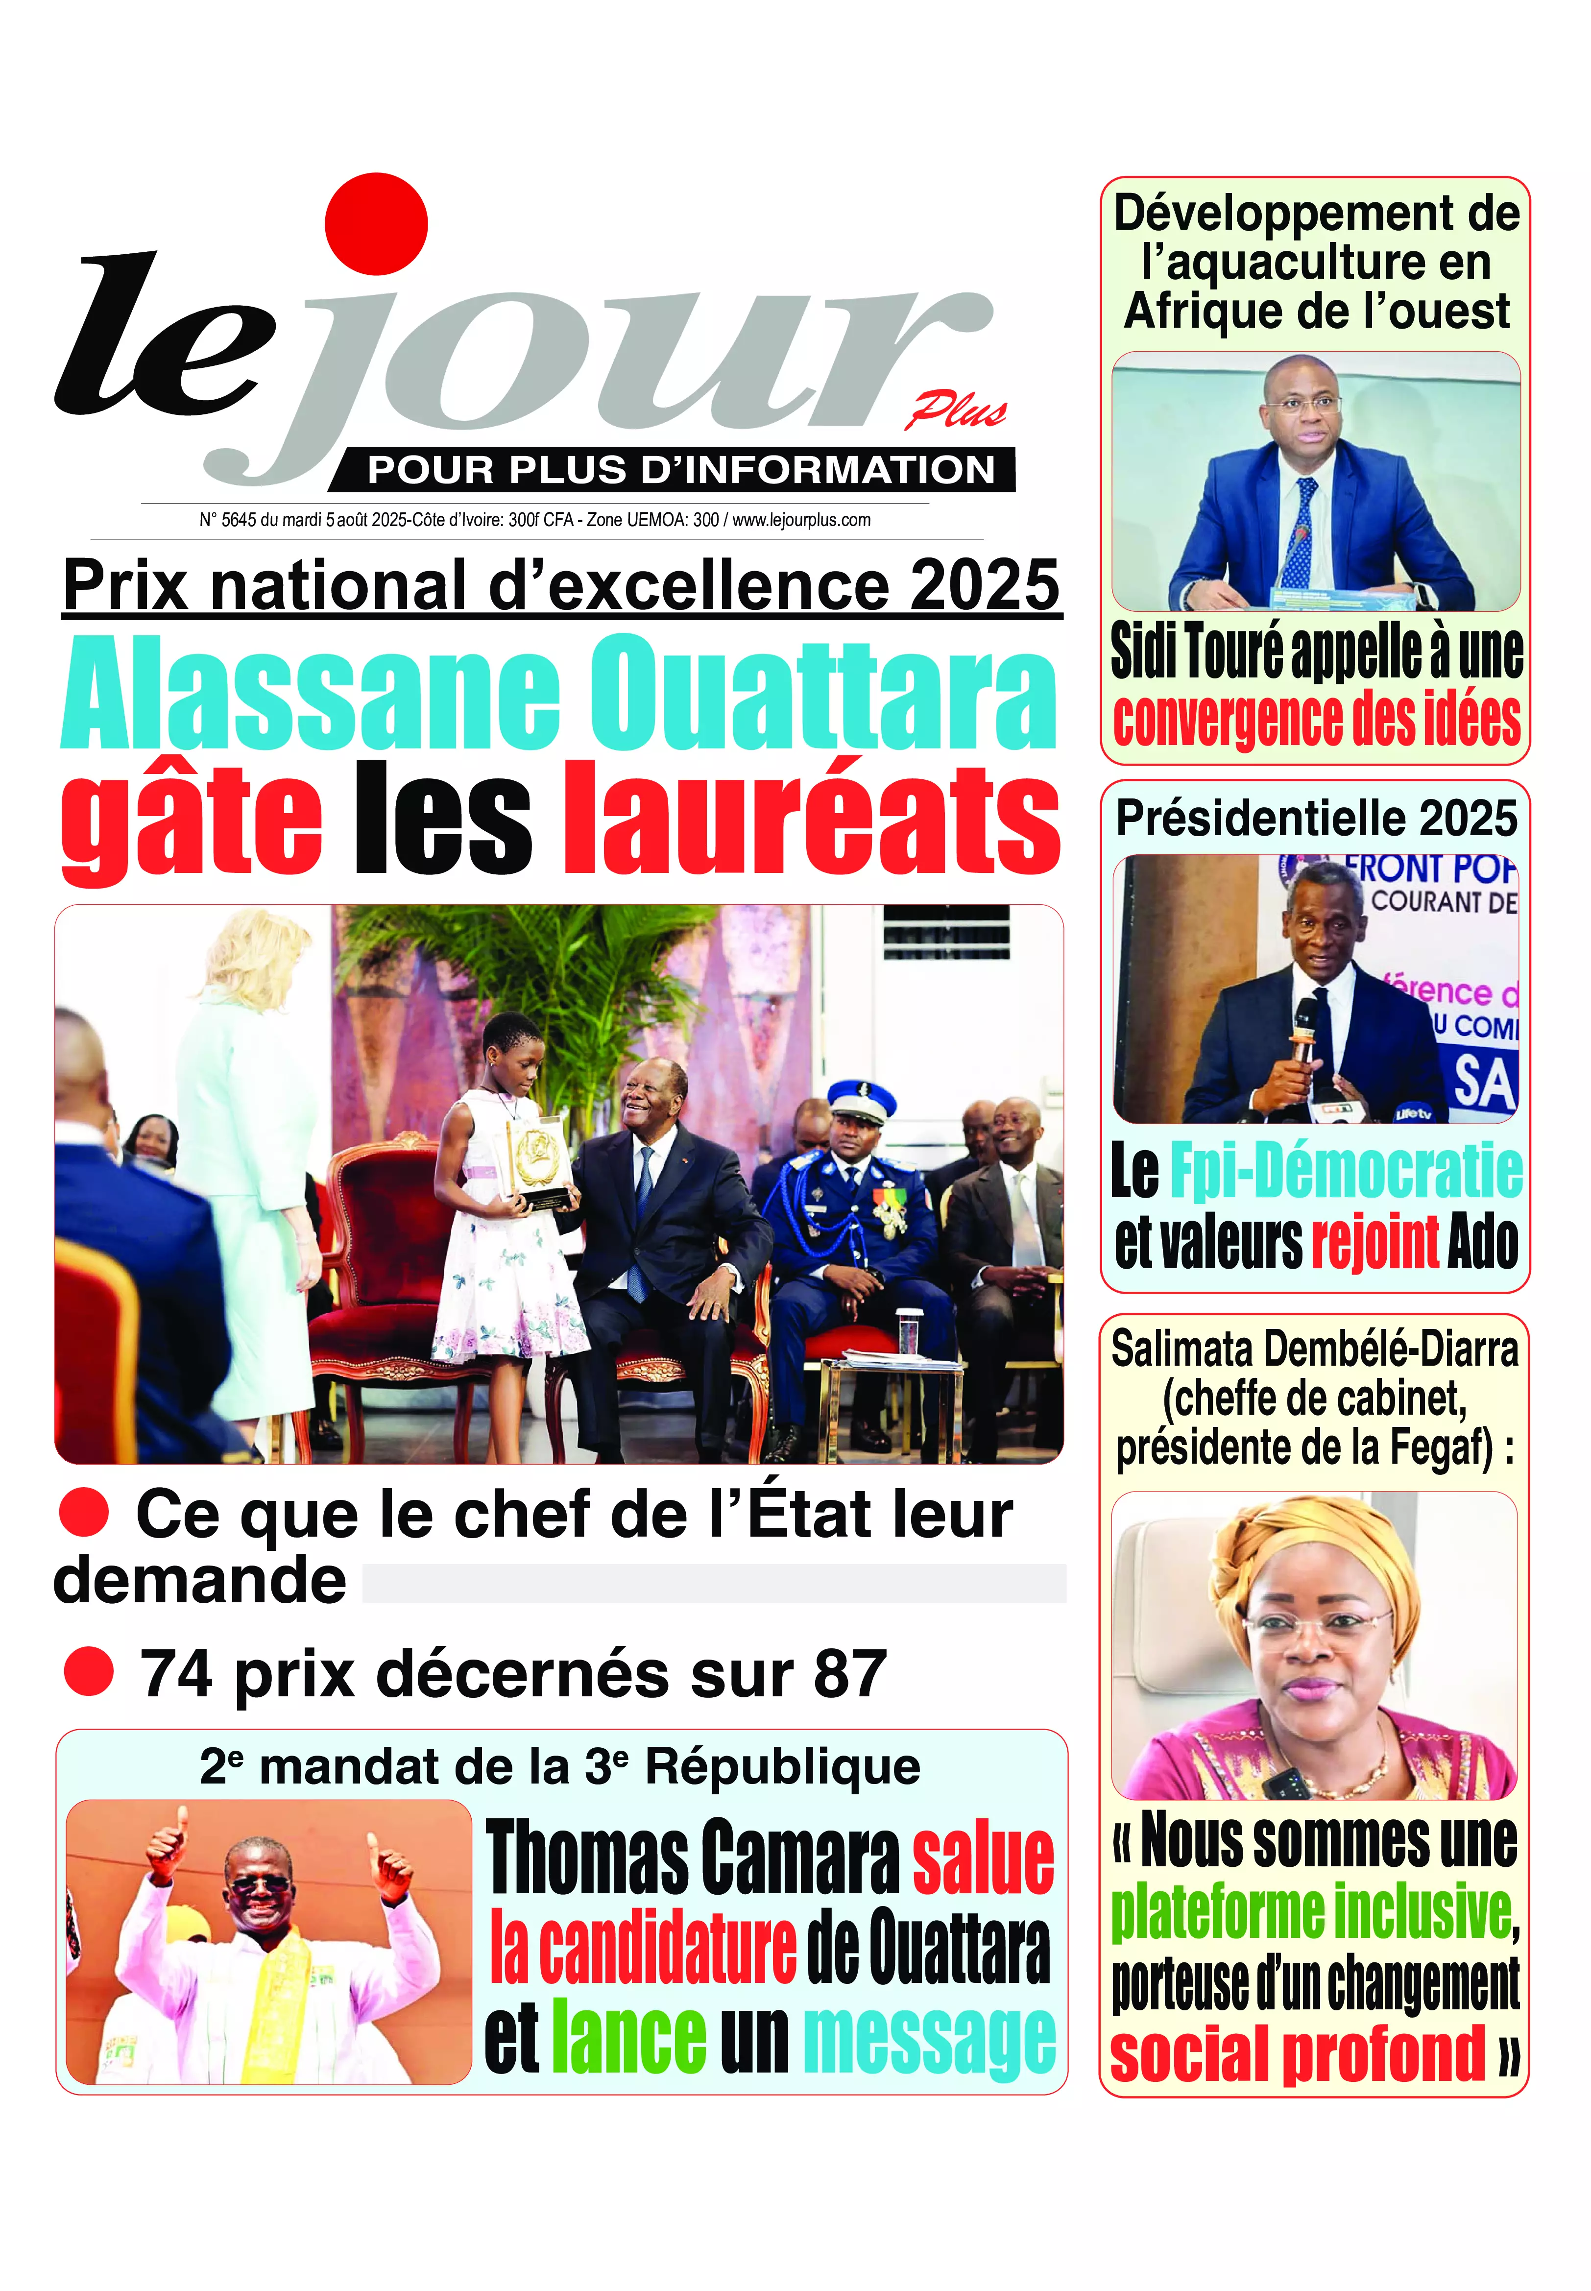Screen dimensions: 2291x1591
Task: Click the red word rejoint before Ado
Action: click(x=1374, y=1242)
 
